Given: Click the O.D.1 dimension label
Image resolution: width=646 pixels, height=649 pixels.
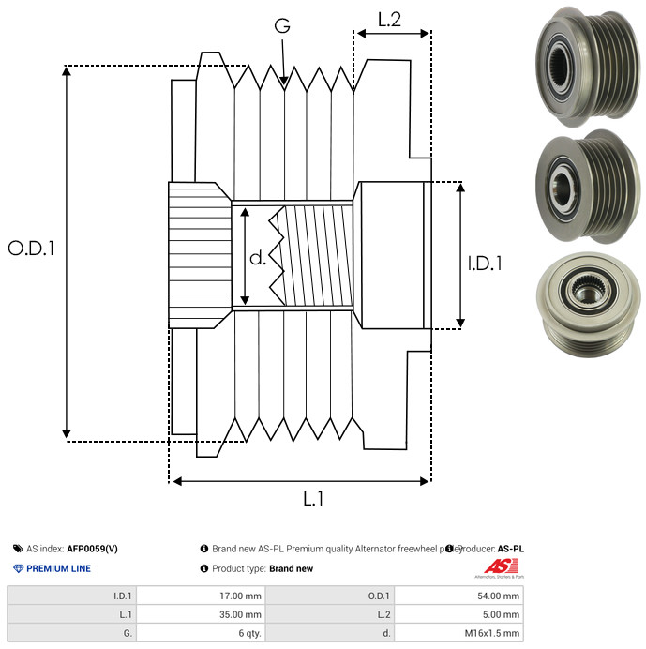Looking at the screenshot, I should point(31,249).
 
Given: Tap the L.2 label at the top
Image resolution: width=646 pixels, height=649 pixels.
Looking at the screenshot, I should point(389,19).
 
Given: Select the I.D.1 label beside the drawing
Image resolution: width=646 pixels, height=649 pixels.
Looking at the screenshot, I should point(485,264).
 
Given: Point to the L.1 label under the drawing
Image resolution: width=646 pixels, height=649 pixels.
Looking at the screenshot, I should point(313,500).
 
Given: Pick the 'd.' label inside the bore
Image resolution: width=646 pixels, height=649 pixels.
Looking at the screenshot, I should point(257,257).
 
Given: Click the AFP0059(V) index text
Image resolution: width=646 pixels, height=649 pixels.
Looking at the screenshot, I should point(93,549).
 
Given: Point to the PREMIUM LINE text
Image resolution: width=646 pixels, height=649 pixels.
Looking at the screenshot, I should point(58,568).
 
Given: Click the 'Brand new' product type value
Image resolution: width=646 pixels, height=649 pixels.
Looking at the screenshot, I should point(291,568).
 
